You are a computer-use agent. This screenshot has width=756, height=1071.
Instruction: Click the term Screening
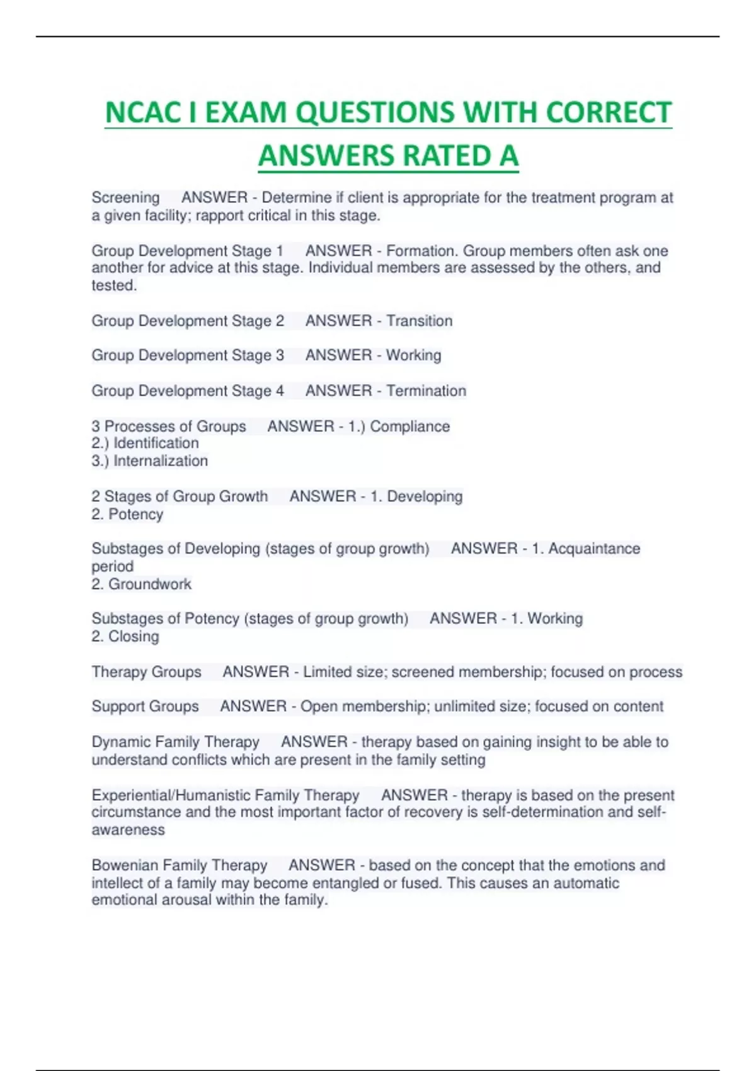[x=125, y=198]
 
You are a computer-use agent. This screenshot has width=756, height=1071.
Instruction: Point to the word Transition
[x=419, y=321]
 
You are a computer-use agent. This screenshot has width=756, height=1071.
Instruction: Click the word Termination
[x=426, y=391]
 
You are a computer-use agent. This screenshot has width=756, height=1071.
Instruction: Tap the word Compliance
[x=409, y=427]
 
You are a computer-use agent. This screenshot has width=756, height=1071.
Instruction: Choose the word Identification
[x=156, y=444]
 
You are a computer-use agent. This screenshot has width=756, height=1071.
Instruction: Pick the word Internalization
[x=160, y=461]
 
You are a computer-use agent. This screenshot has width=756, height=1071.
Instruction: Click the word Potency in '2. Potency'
[x=135, y=514]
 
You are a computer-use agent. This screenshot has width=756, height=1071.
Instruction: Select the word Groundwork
[x=149, y=584]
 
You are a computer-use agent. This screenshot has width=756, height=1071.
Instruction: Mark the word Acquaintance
[x=594, y=549]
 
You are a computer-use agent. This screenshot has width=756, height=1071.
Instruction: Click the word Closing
[x=134, y=636]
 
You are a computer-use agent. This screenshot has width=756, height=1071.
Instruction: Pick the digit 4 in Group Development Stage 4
[x=280, y=391]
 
